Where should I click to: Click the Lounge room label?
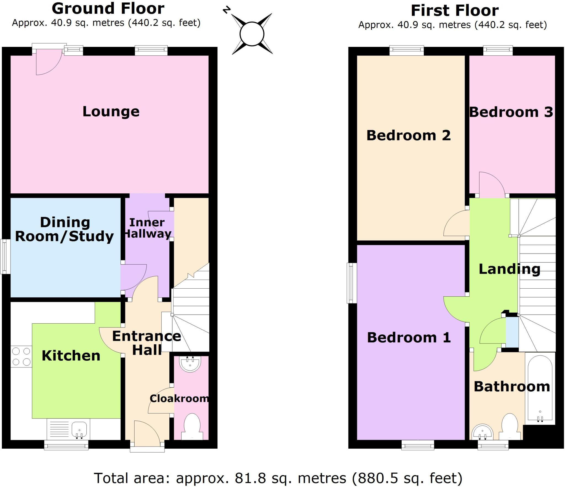[111, 111]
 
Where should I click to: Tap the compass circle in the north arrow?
[252, 34]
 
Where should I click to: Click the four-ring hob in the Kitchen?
[21, 356]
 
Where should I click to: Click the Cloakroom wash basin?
[190, 364]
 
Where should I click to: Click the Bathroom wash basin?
[482, 433]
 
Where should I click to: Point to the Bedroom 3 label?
[511, 112]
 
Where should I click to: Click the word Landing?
[509, 269]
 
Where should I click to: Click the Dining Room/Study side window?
[5, 257]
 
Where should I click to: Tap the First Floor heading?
[455, 10]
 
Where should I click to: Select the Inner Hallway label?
[147, 228]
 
